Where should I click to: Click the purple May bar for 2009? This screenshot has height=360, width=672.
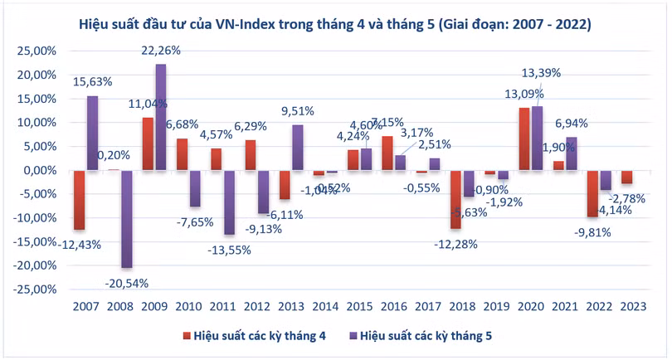tap(160, 117)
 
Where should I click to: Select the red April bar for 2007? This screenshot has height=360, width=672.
tap(80, 200)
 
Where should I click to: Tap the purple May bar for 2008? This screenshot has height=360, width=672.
tap(126, 219)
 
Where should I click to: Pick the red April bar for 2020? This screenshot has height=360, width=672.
tap(523, 139)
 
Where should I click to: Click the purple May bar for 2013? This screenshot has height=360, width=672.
tap(296, 148)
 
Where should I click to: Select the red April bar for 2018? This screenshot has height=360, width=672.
tap(455, 199)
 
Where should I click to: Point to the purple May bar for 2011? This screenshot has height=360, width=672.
tap(229, 202)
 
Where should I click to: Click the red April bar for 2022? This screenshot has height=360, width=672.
tap(592, 193)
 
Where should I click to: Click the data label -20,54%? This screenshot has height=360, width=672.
tap(127, 282)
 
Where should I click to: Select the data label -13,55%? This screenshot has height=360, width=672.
tap(228, 250)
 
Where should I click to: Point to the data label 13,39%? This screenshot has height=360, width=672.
tap(539, 72)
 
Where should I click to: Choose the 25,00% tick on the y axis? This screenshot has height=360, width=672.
tap(34, 51)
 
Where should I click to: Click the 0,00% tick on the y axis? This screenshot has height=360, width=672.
tap(37, 171)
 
